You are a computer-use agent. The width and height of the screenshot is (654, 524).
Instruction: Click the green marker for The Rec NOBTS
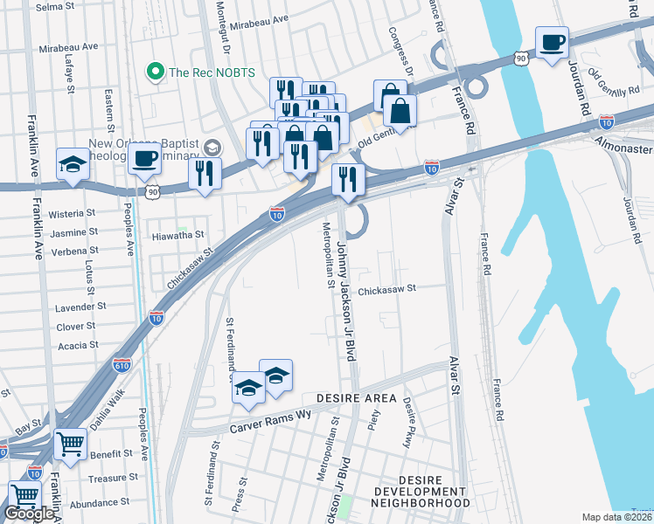tap(157, 72)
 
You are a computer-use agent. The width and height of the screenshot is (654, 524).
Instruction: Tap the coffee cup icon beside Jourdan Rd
tap(552, 43)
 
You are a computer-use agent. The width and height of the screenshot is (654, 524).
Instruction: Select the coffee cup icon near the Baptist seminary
tap(144, 160)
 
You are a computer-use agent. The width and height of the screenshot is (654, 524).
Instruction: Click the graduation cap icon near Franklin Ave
tap(73, 163)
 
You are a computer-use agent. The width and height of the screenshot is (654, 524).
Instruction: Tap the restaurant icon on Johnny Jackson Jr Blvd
tap(348, 180)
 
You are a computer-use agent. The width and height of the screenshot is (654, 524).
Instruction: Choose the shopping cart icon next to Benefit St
tap(70, 443)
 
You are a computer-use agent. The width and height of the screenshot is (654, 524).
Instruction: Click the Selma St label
tap(55, 7)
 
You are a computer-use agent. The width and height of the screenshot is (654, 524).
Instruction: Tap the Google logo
tap(30, 514)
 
